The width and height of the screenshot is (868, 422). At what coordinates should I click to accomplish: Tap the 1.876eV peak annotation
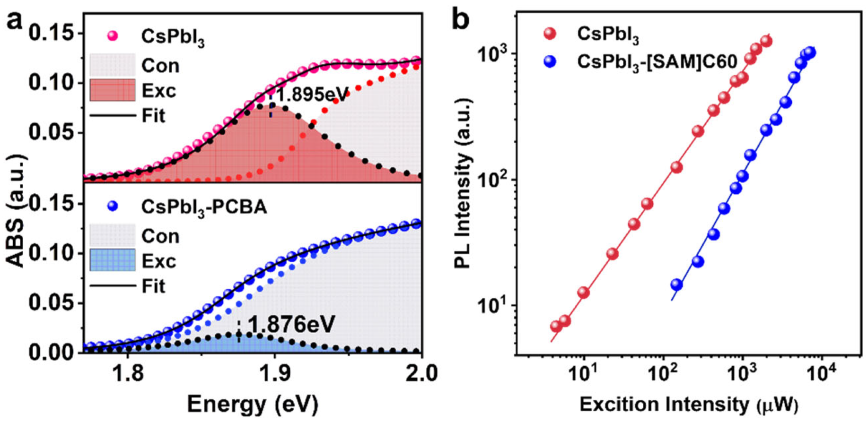click(x=291, y=325)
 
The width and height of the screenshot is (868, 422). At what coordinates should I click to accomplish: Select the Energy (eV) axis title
click(x=253, y=405)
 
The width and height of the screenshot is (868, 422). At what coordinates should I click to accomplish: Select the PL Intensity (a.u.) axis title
click(x=464, y=183)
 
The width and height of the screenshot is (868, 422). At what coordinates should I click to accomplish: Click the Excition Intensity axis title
click(x=689, y=405)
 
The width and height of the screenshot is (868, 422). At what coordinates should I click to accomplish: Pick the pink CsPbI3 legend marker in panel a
click(x=113, y=36)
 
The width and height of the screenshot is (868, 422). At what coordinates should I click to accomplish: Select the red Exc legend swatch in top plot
click(x=113, y=90)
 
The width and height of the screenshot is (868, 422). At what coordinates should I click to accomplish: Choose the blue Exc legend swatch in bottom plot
click(x=113, y=260)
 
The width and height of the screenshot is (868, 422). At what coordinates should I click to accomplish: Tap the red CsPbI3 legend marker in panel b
click(x=550, y=34)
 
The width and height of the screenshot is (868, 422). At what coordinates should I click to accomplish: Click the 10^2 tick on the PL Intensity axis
click(x=494, y=180)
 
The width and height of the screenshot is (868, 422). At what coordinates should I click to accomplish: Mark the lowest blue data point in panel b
click(x=676, y=284)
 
